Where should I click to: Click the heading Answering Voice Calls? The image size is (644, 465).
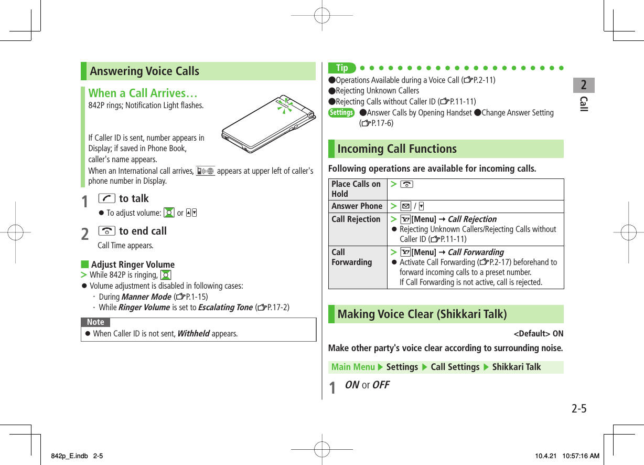(145, 71)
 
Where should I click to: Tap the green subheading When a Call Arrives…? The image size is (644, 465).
(143, 93)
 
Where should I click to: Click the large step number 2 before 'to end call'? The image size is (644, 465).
(85, 233)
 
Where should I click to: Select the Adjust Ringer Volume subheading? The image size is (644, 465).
(133, 265)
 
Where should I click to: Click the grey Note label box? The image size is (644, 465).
(95, 322)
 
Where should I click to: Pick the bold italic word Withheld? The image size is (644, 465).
(194, 334)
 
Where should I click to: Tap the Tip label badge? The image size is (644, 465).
(342, 68)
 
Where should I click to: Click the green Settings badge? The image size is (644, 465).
(341, 113)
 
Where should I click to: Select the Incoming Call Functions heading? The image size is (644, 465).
(397, 149)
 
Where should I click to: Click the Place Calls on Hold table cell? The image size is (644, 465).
(357, 189)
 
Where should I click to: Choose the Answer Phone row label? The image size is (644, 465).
(357, 206)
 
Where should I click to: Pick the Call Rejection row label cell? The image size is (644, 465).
(356, 219)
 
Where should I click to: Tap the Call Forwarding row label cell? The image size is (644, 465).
(351, 257)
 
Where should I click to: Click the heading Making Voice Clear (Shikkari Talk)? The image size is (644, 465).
(422, 314)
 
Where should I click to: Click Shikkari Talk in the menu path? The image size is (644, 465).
(517, 367)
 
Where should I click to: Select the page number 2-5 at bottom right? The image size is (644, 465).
(578, 408)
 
